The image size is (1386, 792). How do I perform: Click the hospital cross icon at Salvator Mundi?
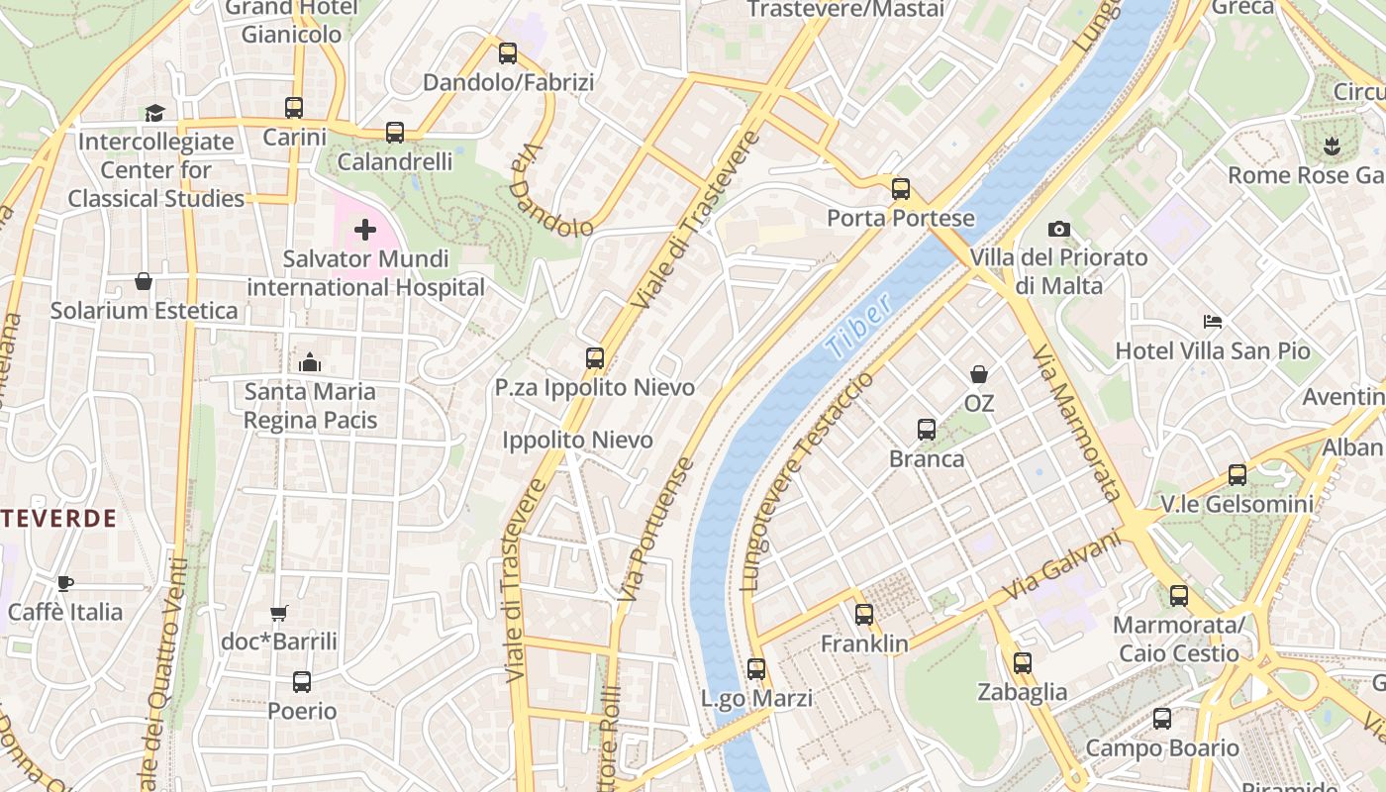tap(365, 231)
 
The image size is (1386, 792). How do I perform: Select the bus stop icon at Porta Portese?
tap(900, 189)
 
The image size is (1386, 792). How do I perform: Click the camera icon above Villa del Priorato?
tap(1058, 230)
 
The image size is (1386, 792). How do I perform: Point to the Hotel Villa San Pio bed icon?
tap(1213, 322)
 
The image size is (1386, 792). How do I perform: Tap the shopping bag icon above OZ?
tap(979, 374)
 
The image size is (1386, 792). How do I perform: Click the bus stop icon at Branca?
tap(927, 430)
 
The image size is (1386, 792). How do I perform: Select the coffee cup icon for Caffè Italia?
tap(65, 582)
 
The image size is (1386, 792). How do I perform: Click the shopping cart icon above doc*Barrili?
tap(279, 614)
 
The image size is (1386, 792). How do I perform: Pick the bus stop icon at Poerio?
tap(302, 682)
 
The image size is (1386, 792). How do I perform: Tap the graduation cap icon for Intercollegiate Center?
tap(154, 113)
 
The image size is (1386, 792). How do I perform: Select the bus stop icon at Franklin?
tap(864, 615)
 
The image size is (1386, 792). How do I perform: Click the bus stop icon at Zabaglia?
tap(1023, 663)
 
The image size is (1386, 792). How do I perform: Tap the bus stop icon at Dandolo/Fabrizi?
tap(508, 53)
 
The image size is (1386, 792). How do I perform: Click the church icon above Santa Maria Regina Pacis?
tap(310, 362)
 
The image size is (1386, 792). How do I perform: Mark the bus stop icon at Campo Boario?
tap(1162, 719)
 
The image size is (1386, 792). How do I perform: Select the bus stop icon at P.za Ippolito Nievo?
tap(595, 358)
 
